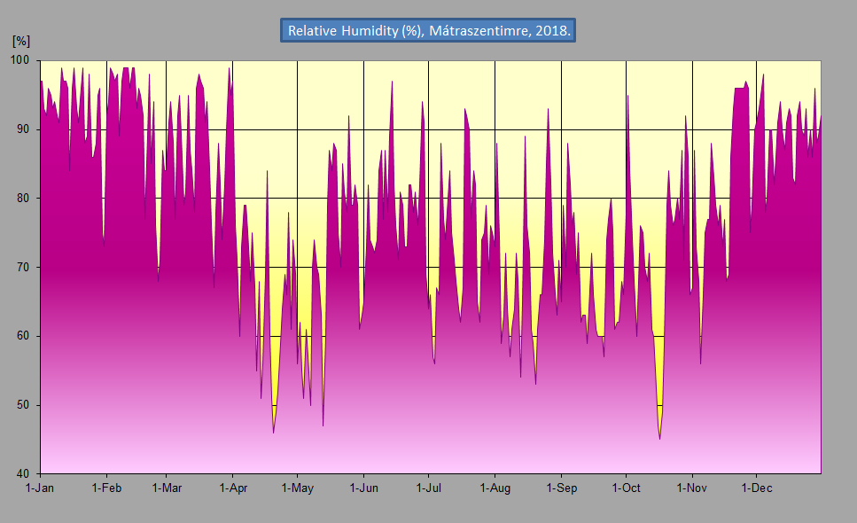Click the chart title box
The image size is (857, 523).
[429, 30]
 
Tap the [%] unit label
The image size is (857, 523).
[21, 42]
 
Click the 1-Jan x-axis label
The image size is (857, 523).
[41, 488]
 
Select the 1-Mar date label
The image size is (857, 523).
[167, 488]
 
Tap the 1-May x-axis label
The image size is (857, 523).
[298, 488]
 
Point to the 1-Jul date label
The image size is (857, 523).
[429, 488]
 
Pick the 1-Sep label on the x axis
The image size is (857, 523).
[561, 488]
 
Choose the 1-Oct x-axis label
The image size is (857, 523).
[626, 488]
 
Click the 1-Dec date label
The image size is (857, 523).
[756, 488]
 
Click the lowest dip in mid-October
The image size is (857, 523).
[659, 438]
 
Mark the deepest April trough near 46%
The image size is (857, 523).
[274, 432]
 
